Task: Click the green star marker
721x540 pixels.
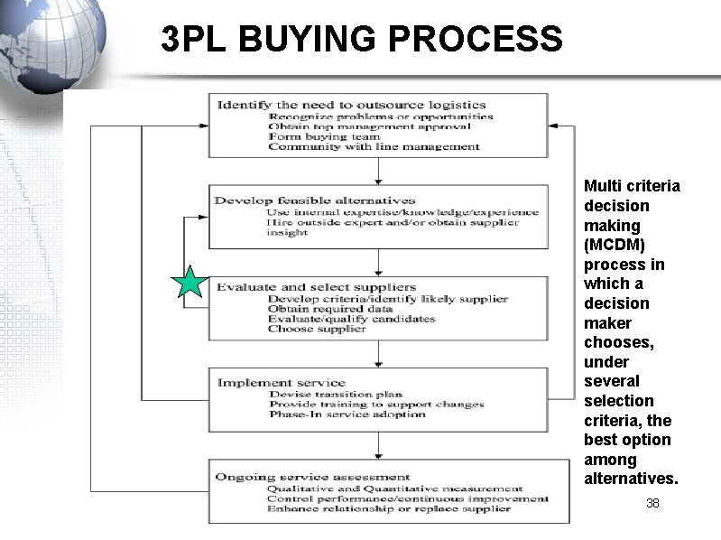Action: click(189, 283)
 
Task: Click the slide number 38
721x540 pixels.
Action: click(652, 502)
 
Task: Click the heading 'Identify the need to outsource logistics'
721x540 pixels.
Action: click(351, 105)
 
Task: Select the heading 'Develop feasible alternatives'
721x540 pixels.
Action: click(315, 200)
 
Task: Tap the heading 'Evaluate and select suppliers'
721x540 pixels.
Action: click(316, 287)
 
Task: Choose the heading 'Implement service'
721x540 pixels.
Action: click(281, 382)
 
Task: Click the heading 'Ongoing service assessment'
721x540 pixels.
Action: click(313, 477)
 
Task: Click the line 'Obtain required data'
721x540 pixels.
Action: click(329, 309)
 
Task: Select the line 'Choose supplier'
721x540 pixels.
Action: click(317, 329)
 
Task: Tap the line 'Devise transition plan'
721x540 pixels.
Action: click(336, 394)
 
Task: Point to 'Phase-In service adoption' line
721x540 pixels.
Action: click(347, 414)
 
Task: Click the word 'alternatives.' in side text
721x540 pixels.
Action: click(631, 479)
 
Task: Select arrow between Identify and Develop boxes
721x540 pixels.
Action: click(372, 171)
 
